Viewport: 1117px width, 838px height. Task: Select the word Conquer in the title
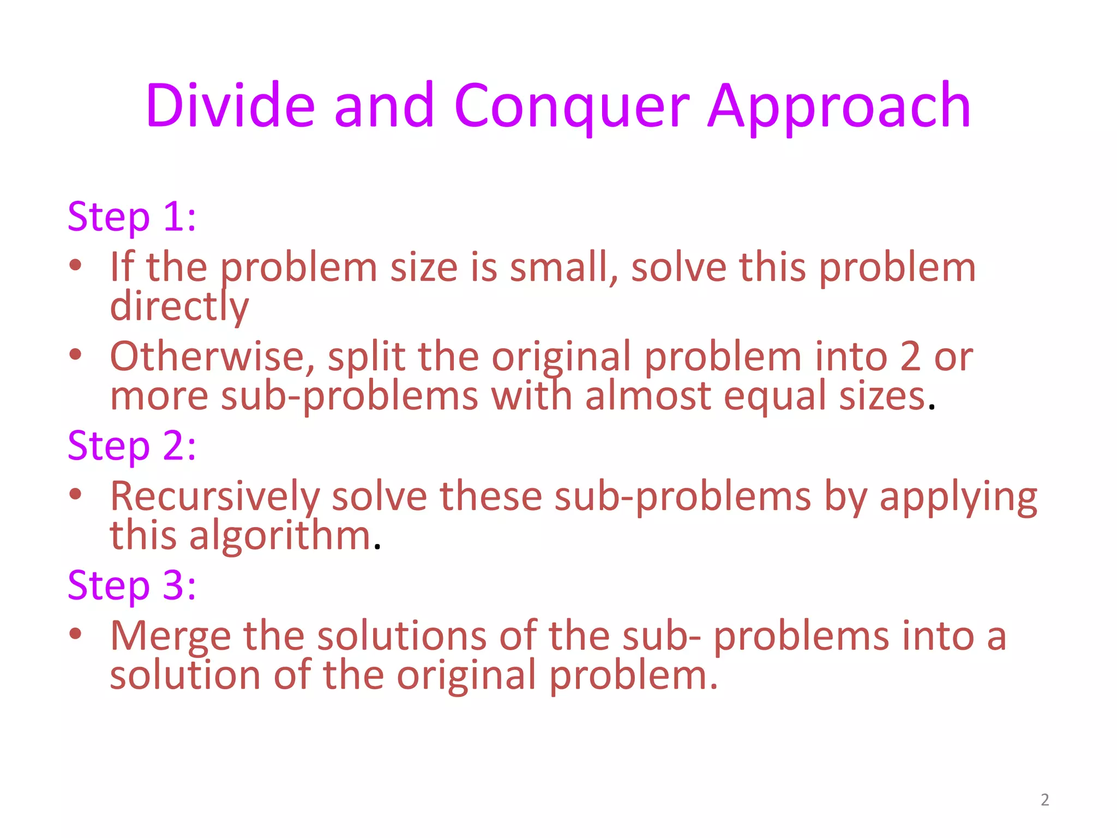coord(572,107)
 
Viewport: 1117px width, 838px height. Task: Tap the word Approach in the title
coord(839,107)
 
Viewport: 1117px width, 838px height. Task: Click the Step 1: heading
coord(131,217)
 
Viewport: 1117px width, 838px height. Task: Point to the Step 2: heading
coord(131,446)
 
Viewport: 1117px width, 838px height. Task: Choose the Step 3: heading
coord(131,585)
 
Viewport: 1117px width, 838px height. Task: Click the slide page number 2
coord(1044,800)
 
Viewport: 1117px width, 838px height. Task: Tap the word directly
coord(179,307)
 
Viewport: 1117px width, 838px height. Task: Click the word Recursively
coord(215,496)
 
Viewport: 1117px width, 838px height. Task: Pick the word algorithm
coord(280,536)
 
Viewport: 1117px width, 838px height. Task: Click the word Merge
coord(170,637)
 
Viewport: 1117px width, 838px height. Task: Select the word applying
coord(958,498)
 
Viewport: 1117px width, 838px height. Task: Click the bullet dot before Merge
coord(75,633)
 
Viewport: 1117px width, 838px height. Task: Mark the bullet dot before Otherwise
coord(75,354)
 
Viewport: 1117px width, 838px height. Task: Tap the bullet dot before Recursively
coord(75,494)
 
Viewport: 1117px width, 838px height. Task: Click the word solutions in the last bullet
coord(401,636)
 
